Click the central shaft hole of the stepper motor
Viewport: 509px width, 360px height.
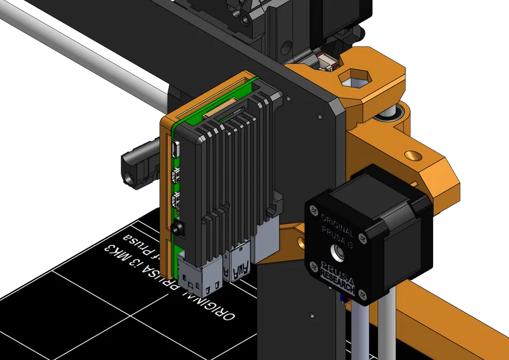click(335, 251)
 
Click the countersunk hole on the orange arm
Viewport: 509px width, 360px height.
click(412, 156)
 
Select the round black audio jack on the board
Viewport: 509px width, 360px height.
click(176, 227)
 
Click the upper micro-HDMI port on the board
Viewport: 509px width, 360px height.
click(176, 175)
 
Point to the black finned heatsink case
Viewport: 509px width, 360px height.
click(230, 167)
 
